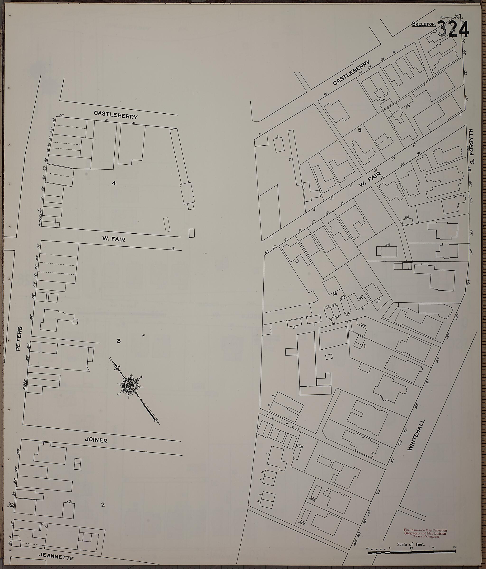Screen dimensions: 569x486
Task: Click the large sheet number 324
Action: pyautogui.click(x=453, y=30)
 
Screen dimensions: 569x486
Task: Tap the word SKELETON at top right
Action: pyautogui.click(x=423, y=24)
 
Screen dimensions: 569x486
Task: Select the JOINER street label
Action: pyautogui.click(x=96, y=448)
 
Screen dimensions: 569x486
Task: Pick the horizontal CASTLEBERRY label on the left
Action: pyautogui.click(x=116, y=115)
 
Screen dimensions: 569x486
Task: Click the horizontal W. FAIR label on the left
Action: pyautogui.click(x=114, y=239)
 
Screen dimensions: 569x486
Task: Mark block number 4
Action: pyautogui.click(x=114, y=183)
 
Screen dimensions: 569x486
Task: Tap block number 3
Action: pyautogui.click(x=118, y=341)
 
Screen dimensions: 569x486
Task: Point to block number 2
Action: pyautogui.click(x=103, y=504)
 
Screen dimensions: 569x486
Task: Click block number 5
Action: pyautogui.click(x=360, y=130)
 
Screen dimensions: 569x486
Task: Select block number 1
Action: pyautogui.click(x=364, y=346)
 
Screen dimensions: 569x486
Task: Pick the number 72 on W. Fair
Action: pyautogui.click(x=173, y=248)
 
